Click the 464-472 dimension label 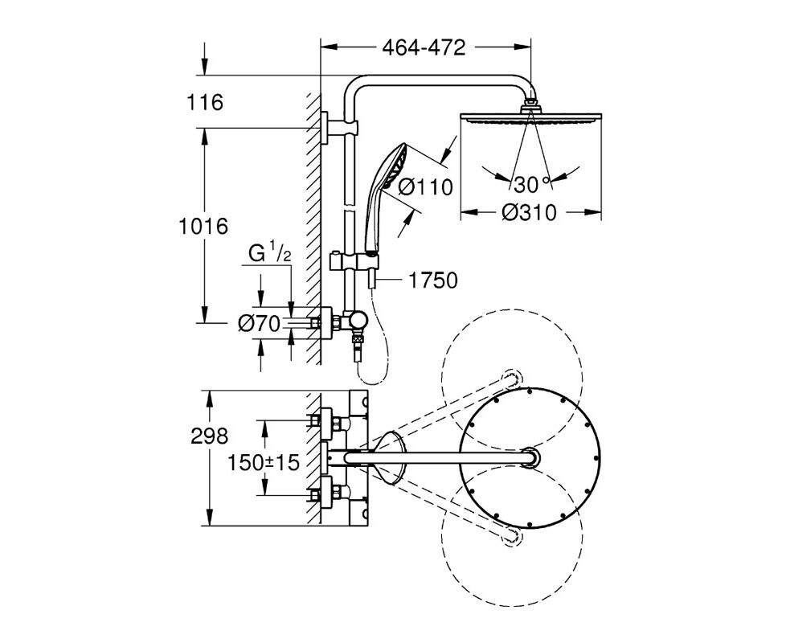[x=424, y=47]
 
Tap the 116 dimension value [x=204, y=103]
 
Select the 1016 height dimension [x=203, y=227]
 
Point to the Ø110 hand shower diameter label [x=426, y=187]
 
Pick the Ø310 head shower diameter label [x=530, y=212]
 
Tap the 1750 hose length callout [x=434, y=281]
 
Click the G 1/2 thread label [x=270, y=254]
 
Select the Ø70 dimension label [x=259, y=324]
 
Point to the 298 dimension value [x=210, y=436]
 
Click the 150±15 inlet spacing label [x=263, y=462]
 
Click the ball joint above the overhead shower [x=530, y=105]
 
